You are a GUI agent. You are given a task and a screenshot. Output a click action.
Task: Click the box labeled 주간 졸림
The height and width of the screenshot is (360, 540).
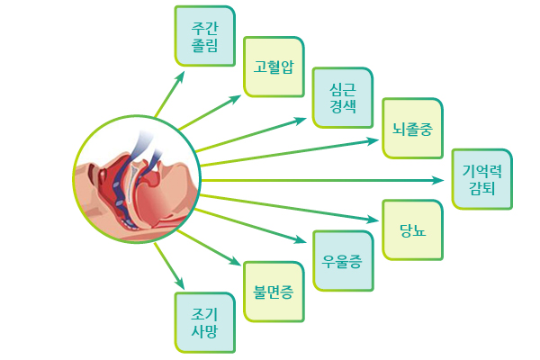point(205,36)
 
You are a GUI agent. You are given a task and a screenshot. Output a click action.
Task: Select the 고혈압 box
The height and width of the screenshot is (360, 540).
point(274,67)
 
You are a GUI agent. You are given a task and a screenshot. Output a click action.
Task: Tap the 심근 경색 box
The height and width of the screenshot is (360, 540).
point(343,97)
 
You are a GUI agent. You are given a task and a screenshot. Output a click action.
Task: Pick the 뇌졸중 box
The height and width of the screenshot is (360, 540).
point(412,128)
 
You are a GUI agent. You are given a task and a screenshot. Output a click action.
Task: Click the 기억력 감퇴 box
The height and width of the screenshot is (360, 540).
point(482,179)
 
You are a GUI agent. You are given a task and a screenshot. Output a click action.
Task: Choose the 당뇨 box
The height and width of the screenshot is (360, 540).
point(412,229)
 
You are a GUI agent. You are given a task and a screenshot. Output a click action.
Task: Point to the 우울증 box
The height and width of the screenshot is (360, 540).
point(343,261)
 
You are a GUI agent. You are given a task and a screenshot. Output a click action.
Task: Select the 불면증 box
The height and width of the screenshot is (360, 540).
point(274,292)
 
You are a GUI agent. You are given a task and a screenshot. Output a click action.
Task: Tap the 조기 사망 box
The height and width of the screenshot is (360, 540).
point(205,322)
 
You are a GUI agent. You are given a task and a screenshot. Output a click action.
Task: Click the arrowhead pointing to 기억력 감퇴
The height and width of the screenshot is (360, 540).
point(438,180)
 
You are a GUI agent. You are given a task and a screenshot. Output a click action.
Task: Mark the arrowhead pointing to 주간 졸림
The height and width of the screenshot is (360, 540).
point(180,76)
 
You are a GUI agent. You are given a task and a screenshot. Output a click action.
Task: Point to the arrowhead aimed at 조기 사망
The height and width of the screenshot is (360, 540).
point(180,283)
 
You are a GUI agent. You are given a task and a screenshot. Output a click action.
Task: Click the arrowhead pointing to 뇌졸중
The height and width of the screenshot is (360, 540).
point(373,141)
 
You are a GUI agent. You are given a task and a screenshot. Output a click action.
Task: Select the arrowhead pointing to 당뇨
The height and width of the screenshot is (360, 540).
point(373,219)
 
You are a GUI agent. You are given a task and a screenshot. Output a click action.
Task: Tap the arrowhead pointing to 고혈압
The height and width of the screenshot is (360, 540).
point(236,99)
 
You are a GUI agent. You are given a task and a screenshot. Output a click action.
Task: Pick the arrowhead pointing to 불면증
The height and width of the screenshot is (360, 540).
point(236,261)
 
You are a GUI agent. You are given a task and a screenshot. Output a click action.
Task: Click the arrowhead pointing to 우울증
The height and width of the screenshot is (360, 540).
point(301,239)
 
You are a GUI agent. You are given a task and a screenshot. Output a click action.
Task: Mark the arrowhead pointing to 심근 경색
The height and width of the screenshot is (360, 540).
point(301,121)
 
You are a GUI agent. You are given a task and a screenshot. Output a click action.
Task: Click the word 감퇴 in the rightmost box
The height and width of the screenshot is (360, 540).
point(482,188)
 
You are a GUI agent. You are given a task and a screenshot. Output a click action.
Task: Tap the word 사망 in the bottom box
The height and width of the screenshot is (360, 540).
point(204,331)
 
